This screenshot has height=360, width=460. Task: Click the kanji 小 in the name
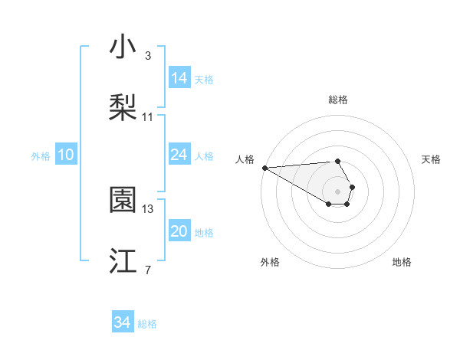[x=123, y=47]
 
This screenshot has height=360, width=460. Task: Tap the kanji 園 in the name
[x=123, y=200]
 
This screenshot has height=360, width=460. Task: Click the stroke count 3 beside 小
[x=147, y=56]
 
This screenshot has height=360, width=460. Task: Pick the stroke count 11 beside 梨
[x=148, y=117]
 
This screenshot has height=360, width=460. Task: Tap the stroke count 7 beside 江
[x=147, y=270]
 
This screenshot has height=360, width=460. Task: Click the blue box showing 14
[x=179, y=78]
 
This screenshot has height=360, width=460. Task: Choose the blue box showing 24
[x=179, y=155]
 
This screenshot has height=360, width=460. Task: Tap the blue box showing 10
[x=66, y=155]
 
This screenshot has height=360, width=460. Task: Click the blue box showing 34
[x=123, y=323]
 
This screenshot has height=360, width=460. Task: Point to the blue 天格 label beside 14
[x=204, y=80]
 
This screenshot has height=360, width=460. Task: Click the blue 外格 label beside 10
[x=41, y=156]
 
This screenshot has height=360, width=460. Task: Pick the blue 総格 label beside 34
[x=147, y=325]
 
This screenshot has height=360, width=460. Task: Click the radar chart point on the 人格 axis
[x=264, y=168]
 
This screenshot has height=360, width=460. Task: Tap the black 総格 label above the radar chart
[x=338, y=100]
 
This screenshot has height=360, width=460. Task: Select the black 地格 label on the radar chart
[x=402, y=262]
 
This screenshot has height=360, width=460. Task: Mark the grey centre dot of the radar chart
[x=338, y=191]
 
